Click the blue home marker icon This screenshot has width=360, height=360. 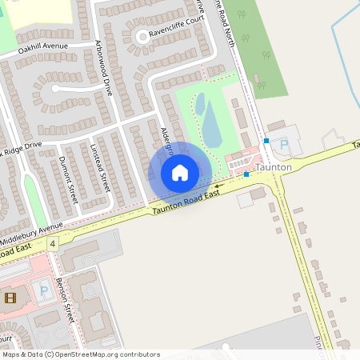tap(180, 173)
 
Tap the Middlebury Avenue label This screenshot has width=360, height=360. tap(32, 227)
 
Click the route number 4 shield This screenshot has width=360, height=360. tap(53, 242)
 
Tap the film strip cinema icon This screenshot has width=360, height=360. tap(9, 298)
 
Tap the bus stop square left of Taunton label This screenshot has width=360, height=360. tap(247, 174)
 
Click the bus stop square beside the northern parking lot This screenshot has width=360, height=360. tap(266, 140)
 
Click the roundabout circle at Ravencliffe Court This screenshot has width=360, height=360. tap(142, 35)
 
